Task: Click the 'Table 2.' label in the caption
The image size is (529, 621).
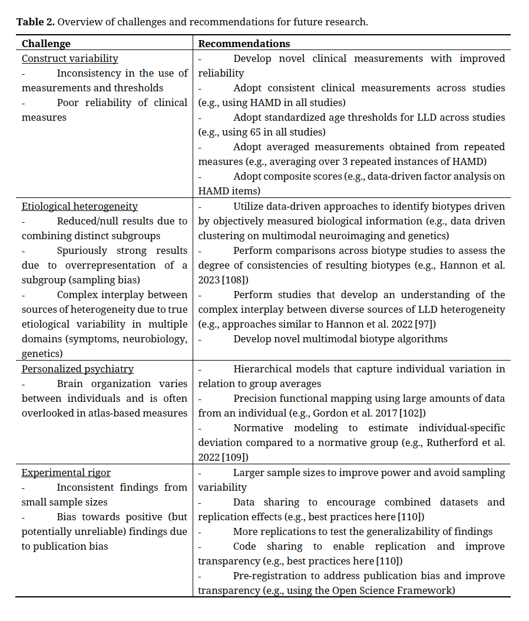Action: pos(35,22)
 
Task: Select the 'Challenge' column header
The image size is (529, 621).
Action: pos(46,44)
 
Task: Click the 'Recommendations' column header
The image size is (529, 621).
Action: pos(244,44)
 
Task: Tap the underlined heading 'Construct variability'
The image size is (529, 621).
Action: pos(70,58)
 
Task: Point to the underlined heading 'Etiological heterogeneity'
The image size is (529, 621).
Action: pos(80,206)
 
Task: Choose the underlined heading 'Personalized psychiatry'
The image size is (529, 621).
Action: pos(77,369)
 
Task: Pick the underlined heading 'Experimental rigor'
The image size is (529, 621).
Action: pos(66,473)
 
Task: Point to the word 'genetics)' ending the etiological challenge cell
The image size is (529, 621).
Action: pos(42,354)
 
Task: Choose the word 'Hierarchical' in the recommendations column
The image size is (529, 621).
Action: pos(265,369)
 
